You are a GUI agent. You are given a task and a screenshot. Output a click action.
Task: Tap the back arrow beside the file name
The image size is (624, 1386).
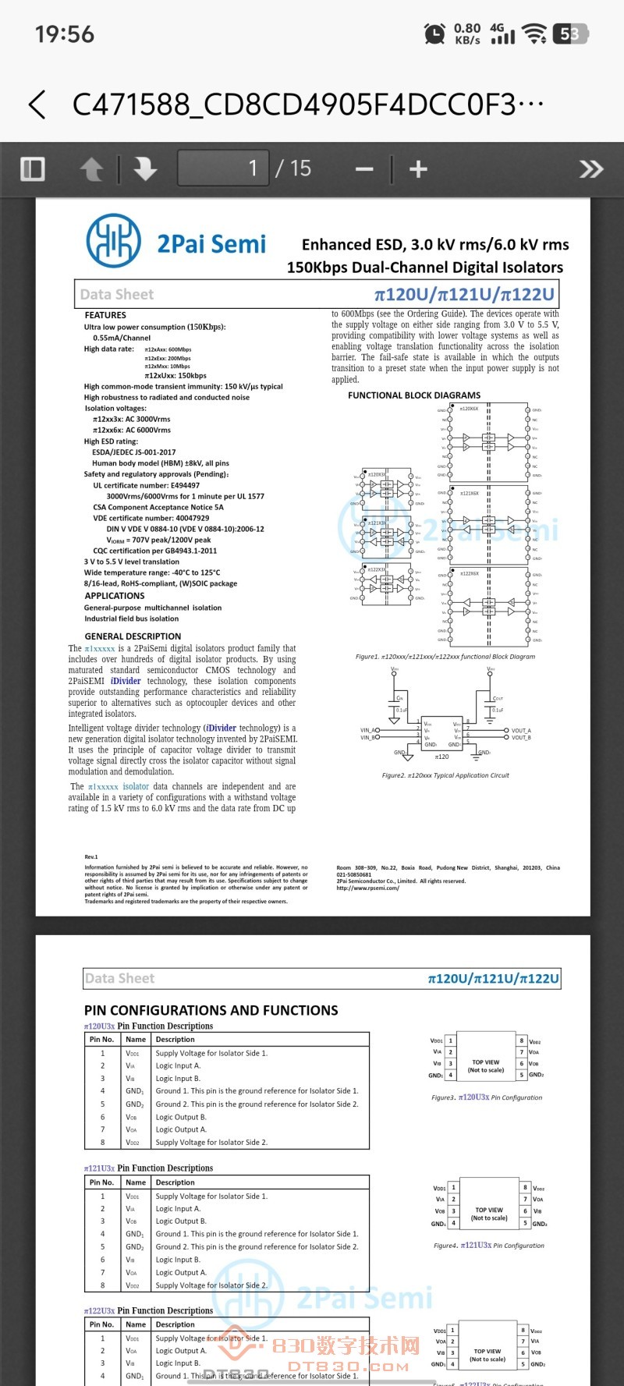pyautogui.click(x=37, y=105)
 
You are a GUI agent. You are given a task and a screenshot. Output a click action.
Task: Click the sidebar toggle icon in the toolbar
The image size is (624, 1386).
pyautogui.click(x=33, y=168)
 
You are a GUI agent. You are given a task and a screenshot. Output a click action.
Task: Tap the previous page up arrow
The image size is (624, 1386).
pyautogui.click(x=91, y=168)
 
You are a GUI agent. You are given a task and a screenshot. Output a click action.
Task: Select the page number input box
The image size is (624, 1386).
pyautogui.click(x=224, y=168)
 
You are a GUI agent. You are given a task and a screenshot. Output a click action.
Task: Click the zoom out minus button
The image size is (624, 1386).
pyautogui.click(x=364, y=169)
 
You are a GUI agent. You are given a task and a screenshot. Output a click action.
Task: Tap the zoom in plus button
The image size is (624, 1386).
pyautogui.click(x=418, y=169)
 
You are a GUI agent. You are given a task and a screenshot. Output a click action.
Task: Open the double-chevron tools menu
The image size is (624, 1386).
pyautogui.click(x=590, y=168)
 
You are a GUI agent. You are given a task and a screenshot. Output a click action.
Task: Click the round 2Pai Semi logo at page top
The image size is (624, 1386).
pyautogui.click(x=114, y=241)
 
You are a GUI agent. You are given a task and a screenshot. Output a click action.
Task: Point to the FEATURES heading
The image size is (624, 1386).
pyautogui.click(x=105, y=315)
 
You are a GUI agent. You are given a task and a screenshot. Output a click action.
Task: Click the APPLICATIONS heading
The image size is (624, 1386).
pyautogui.click(x=115, y=596)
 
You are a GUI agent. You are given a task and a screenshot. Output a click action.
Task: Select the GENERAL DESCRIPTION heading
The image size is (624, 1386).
pyautogui.click(x=133, y=636)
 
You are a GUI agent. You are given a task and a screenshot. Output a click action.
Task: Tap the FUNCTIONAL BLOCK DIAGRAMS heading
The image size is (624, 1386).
pyautogui.click(x=414, y=395)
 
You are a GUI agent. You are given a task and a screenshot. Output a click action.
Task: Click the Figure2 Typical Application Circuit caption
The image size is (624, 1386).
pyautogui.click(x=445, y=775)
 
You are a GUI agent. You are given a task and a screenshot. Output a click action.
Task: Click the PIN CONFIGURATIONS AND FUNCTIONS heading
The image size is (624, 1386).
pyautogui.click(x=211, y=1010)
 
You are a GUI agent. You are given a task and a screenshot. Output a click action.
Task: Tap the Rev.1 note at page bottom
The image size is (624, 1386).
pyautogui.click(x=91, y=856)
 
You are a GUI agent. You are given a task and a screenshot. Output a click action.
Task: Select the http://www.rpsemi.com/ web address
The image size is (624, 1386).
pyautogui.click(x=368, y=888)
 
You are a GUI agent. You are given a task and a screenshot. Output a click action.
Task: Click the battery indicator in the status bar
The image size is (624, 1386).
pyautogui.click(x=571, y=34)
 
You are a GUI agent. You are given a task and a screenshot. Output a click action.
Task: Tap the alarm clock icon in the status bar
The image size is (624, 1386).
pyautogui.click(x=434, y=34)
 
